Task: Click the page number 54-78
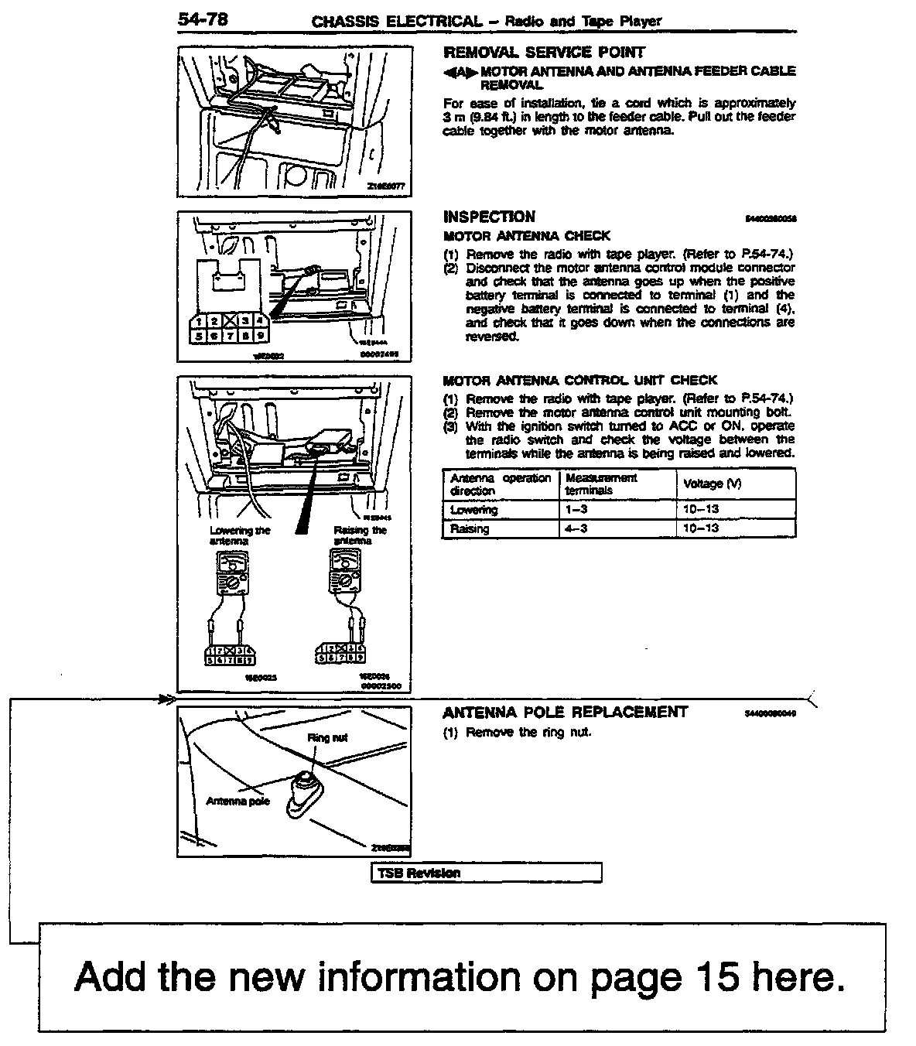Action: click(203, 20)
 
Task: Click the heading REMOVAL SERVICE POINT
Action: click(543, 53)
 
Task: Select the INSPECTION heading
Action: click(489, 217)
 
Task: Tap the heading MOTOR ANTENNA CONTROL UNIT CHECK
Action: click(580, 380)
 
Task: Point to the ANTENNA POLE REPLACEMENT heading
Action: click(565, 712)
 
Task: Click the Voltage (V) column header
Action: click(712, 484)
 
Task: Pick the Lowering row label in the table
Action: click(473, 510)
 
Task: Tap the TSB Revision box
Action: click(487, 873)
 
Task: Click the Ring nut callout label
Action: click(327, 737)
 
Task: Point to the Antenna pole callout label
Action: click(238, 802)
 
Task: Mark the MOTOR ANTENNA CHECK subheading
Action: click(526, 235)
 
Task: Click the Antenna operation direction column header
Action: click(500, 484)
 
